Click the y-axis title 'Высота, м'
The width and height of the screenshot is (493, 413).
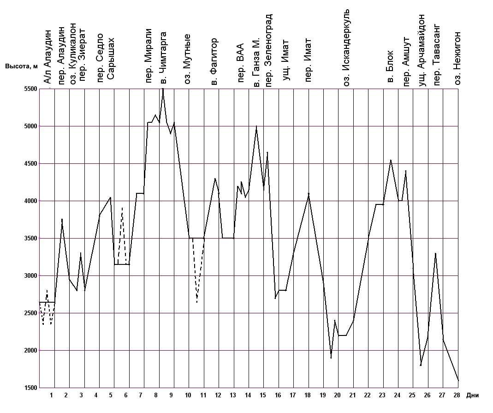pos(21,66)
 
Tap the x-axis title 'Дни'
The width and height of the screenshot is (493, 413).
pos(473,395)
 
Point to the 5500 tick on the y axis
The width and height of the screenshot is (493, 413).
pos(30,90)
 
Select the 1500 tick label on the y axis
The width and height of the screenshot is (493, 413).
pos(30,388)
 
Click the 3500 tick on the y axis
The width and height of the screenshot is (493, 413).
pos(30,239)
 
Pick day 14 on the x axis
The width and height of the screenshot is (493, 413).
pos(248,395)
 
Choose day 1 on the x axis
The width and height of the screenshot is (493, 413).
pos(51,395)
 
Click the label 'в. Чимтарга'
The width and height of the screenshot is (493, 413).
pos(162,58)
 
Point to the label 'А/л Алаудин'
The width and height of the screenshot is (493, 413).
pos(47,57)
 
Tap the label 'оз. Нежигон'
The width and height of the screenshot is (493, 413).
pos(457,58)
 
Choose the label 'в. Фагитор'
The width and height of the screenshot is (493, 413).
pos(214,62)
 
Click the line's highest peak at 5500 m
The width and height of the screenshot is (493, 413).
pos(163,89)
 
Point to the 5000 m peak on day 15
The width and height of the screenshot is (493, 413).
pos(256,126)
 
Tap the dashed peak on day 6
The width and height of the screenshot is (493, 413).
pos(122,208)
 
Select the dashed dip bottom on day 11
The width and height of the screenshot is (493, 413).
pos(197,302)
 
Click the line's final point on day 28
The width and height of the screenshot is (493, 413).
pos(458,381)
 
